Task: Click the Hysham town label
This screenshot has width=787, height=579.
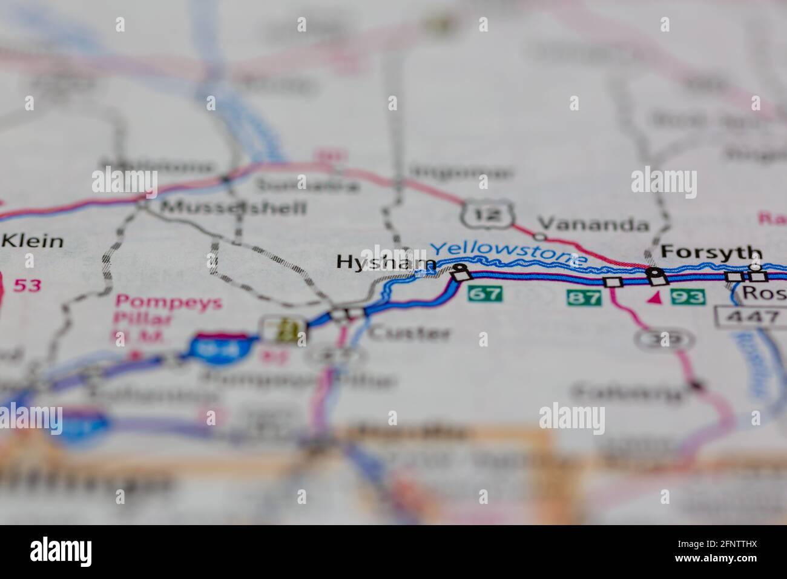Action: click(386, 262)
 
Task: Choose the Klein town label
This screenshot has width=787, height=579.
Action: click(33, 240)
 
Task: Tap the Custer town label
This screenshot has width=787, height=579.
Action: click(410, 333)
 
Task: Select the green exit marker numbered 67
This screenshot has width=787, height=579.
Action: click(485, 294)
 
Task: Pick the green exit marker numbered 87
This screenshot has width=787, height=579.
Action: click(584, 297)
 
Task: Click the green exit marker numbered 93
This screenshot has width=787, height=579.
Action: click(687, 297)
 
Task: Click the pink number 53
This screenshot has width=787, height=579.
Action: click(27, 285)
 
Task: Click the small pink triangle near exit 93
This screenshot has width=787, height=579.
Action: click(654, 297)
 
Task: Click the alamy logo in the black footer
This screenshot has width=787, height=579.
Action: click(61, 551)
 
